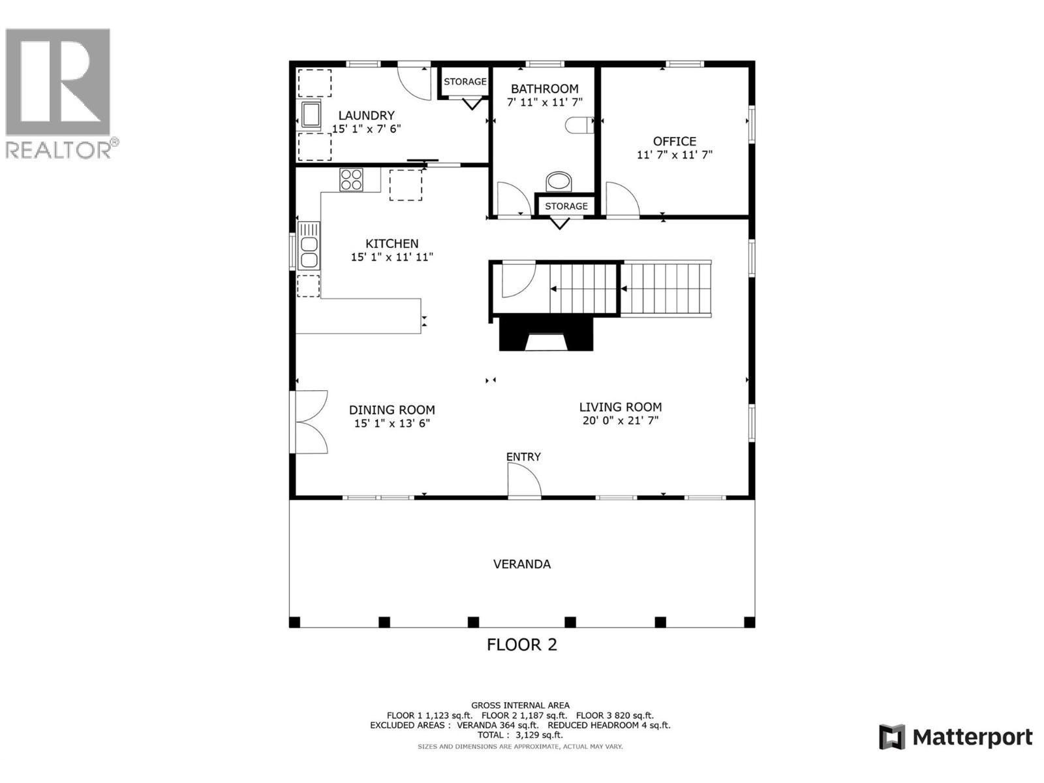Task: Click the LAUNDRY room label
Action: point(366,115)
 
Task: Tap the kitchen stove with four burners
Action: point(351,179)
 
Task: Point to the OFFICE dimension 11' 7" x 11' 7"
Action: point(674,155)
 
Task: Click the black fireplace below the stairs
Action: point(546,333)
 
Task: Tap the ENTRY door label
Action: point(523,457)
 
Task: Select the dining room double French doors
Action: point(311,422)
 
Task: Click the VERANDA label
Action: point(521,564)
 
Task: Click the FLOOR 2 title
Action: point(521,645)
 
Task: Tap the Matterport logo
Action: point(955,737)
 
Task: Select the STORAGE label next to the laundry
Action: point(465,82)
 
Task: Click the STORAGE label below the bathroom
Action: point(566,206)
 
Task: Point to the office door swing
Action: point(621,198)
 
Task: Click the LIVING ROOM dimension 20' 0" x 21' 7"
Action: point(620,421)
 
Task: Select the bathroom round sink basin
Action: point(558,181)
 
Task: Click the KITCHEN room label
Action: point(391,243)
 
